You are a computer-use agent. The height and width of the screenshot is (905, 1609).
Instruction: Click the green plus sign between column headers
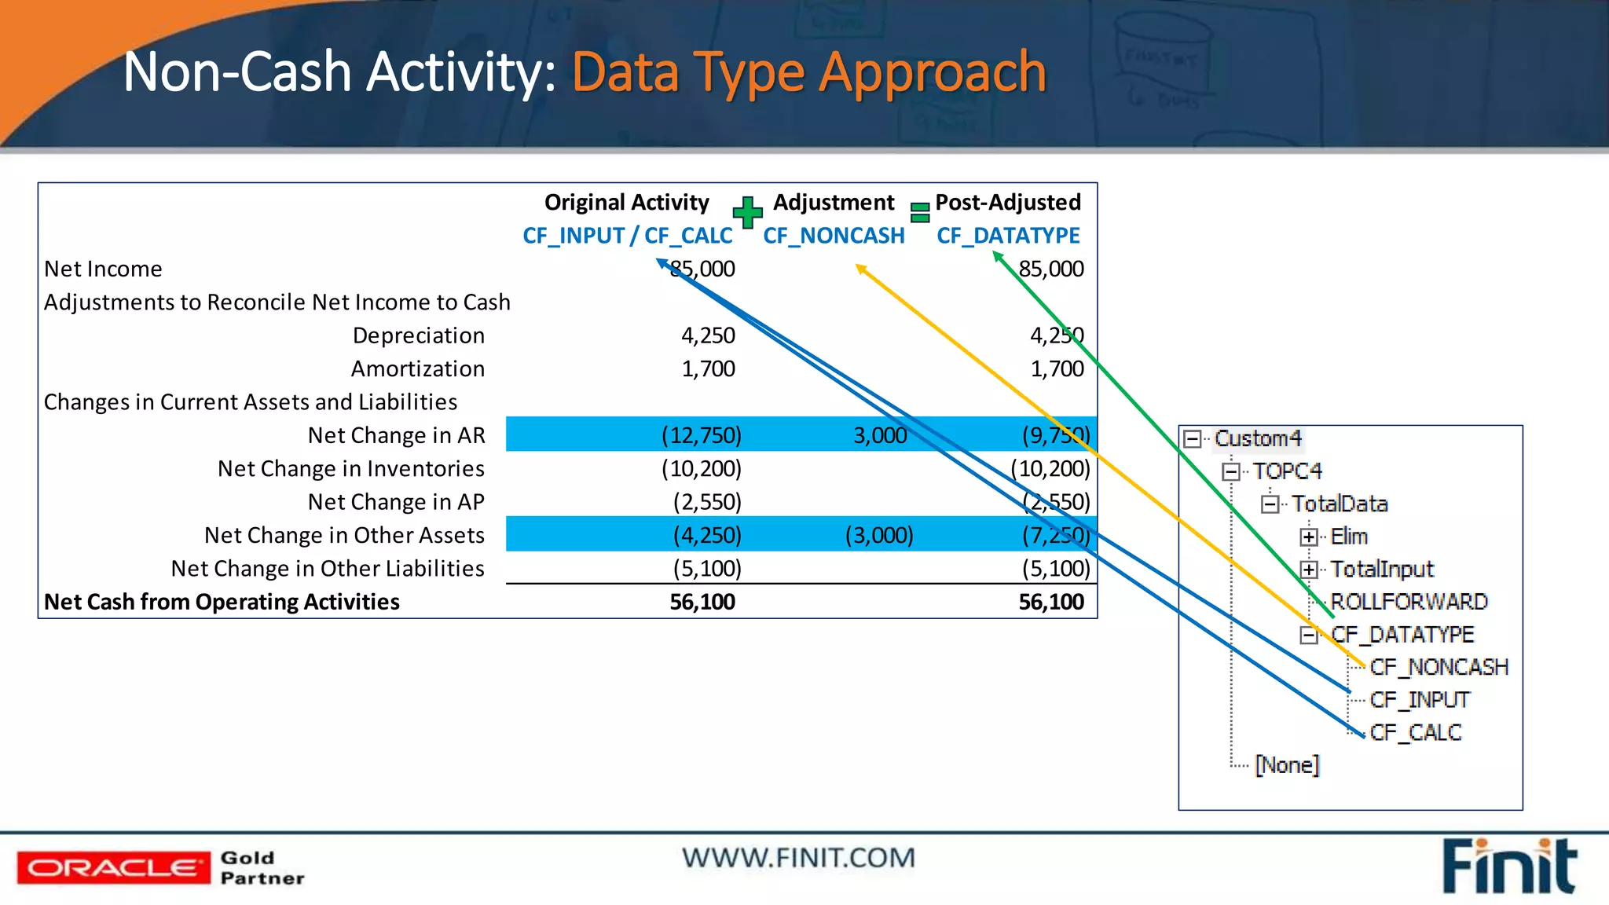747,212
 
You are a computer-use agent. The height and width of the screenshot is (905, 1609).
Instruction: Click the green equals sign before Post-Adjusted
919,212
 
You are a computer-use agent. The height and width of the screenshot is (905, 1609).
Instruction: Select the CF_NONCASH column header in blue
834,236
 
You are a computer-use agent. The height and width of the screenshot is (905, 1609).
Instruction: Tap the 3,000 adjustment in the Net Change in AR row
880,435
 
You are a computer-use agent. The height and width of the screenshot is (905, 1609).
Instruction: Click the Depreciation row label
418,335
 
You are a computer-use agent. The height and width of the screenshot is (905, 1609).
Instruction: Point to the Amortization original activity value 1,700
708,368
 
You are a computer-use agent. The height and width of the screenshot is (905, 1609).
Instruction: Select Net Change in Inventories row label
350,469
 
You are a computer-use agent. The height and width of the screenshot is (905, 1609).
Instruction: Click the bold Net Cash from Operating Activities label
222,602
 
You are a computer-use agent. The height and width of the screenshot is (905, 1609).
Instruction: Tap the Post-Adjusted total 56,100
1050,602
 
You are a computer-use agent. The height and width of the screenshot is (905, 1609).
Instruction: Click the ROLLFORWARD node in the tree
1409,602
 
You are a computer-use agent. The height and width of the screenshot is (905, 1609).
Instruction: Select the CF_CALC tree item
1415,732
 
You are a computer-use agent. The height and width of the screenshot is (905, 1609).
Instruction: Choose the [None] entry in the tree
1287,764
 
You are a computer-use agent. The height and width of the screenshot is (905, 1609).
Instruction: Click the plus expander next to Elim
1308,537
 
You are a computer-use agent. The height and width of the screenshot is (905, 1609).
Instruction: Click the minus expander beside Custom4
1193,438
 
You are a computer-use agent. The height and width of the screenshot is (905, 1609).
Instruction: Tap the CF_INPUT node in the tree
1419,699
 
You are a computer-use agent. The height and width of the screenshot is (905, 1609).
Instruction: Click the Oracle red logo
113,867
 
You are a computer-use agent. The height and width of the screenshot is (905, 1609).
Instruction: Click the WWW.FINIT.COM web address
798,858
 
